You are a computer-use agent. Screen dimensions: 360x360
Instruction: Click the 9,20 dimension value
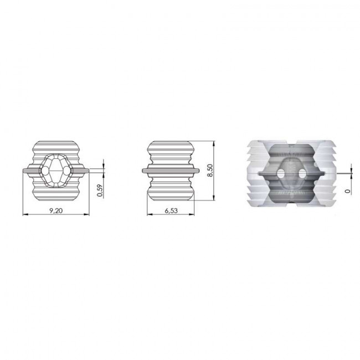click(x=56, y=210)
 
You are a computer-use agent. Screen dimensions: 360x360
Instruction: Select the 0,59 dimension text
click(x=100, y=191)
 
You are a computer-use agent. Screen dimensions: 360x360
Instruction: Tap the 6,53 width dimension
click(x=171, y=210)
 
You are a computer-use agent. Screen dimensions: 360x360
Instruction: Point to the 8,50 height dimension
click(x=210, y=171)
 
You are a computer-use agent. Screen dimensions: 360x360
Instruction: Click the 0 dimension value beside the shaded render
click(x=348, y=191)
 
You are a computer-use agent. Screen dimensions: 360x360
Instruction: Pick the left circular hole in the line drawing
click(x=45, y=171)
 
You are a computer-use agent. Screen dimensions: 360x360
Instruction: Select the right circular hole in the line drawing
click(x=67, y=171)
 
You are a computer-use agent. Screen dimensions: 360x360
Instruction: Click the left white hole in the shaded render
click(x=281, y=173)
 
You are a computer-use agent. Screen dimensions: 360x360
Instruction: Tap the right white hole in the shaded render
click(x=302, y=173)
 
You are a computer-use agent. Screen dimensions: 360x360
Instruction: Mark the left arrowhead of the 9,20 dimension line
click(x=25, y=214)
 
